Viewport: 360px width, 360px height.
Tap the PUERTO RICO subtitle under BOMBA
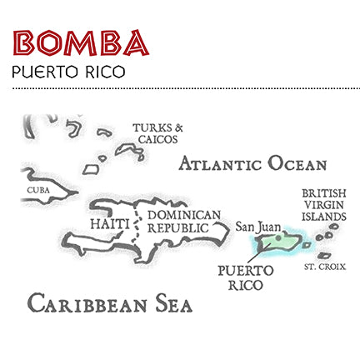69,72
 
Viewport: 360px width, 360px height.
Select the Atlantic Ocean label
252,163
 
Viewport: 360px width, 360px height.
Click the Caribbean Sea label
109,302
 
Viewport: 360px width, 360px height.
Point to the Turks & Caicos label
157,133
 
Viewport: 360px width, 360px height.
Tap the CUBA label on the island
38,190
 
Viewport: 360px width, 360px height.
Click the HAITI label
109,224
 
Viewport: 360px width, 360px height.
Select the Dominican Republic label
184,221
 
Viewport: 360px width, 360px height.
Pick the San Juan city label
257,226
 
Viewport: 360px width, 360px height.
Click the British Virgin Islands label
323,203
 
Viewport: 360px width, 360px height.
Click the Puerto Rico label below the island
245,277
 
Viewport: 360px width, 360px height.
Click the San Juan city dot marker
278,237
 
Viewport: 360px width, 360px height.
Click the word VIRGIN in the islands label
323,203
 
